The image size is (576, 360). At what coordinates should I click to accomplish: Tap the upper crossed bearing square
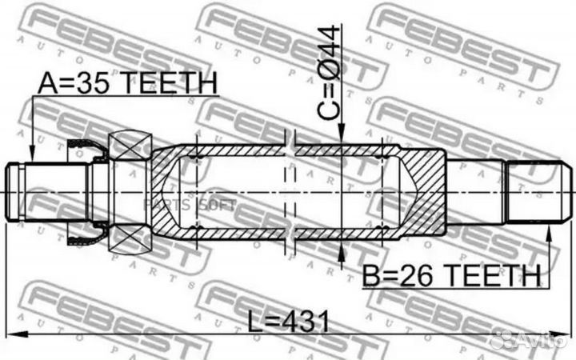tap(130, 145)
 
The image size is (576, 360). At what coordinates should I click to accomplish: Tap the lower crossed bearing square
tap(130, 241)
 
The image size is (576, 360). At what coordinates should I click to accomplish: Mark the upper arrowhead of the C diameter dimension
tap(342, 138)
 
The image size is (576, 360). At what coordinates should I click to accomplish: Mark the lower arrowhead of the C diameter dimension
tap(342, 249)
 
